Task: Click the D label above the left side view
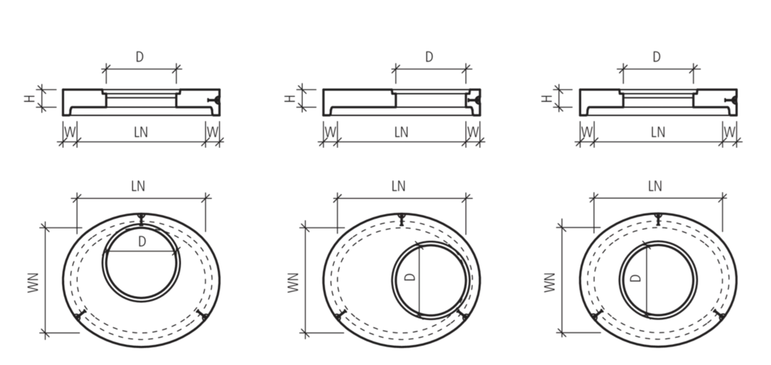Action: point(139,57)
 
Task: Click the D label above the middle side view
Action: point(429,57)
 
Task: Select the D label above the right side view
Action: point(657,57)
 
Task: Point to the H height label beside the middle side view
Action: point(288,98)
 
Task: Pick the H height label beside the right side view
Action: point(545,98)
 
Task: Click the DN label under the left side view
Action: point(141,132)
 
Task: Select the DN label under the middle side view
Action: point(401,132)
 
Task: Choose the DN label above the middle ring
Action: point(400,186)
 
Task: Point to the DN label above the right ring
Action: point(655,186)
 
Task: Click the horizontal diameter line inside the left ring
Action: point(141,253)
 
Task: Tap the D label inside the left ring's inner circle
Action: point(141,241)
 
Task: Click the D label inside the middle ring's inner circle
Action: point(408,278)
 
